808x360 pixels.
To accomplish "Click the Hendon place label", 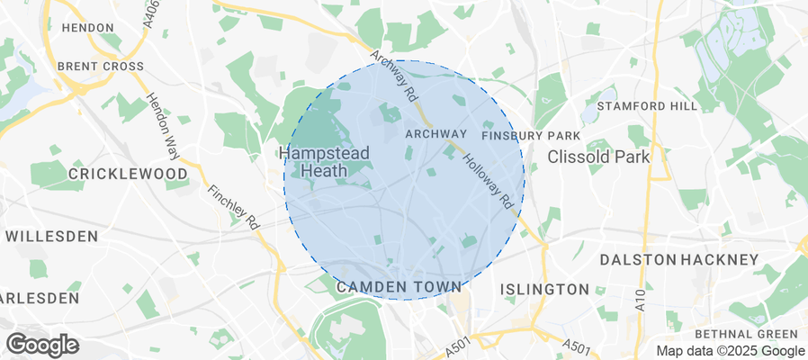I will (x=87, y=28).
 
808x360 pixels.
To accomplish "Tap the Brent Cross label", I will (x=100, y=67).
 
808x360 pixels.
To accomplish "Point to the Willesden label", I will (x=51, y=237).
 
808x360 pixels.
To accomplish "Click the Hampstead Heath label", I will (x=324, y=162).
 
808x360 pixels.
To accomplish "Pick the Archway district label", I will (x=435, y=134).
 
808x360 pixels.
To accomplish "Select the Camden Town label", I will (x=398, y=287).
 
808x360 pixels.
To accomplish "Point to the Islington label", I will (x=544, y=290).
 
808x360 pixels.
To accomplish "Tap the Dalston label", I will (x=639, y=260).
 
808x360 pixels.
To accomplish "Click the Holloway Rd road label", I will (x=489, y=181).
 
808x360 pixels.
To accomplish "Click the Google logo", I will (x=42, y=345).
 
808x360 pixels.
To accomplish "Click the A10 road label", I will (x=640, y=301).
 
